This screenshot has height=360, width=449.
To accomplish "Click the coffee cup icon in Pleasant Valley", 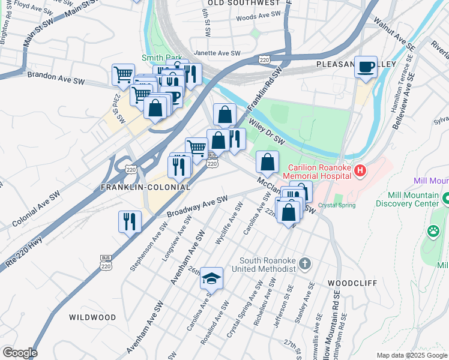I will click(366, 67).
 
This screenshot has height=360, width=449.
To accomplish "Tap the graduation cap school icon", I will click(211, 278).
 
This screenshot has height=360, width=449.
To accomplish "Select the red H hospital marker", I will click(360, 171).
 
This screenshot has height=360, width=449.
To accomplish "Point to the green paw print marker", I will click(433, 230).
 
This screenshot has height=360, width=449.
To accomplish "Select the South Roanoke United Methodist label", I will click(268, 265).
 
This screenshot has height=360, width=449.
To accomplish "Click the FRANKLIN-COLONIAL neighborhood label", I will click(145, 187).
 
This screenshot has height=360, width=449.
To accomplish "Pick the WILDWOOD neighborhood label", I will click(92, 317).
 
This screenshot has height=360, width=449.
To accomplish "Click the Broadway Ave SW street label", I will click(197, 206).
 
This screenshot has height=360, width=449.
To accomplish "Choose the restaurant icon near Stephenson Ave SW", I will click(130, 222).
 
